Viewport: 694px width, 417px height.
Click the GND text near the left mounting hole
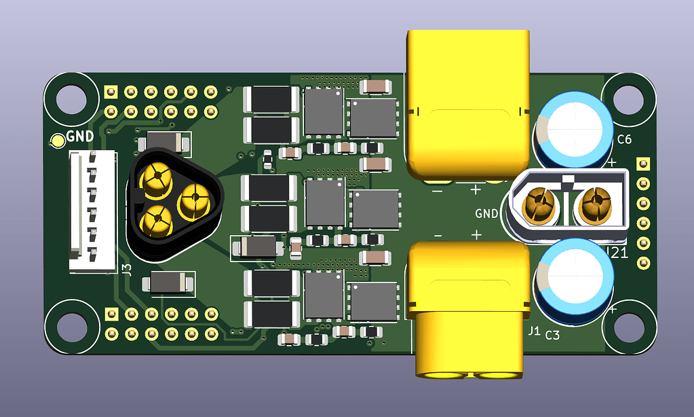coord(80,136)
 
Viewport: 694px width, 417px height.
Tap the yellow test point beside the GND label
coord(58,141)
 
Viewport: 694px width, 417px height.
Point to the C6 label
coord(624,140)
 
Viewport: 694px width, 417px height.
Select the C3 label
coord(552,336)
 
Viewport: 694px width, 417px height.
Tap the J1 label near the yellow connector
coord(534,331)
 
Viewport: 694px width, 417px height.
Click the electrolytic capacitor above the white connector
coord(575,129)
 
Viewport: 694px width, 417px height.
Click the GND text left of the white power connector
coord(486,213)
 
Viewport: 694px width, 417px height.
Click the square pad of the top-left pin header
coord(111,90)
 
